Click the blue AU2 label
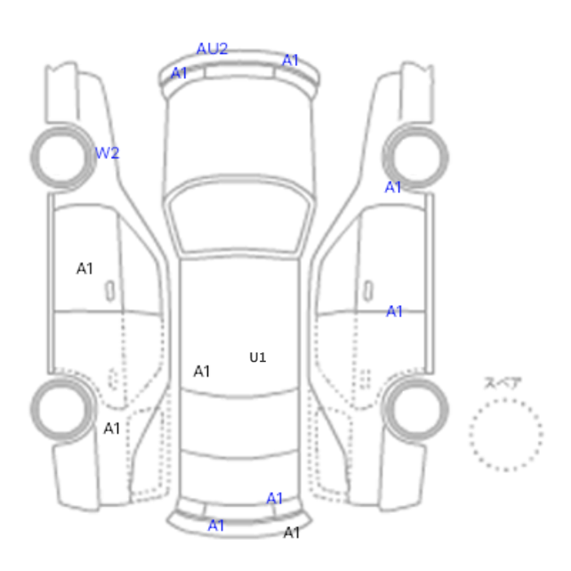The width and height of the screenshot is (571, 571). tap(212, 48)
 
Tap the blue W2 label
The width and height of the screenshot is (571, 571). tap(107, 153)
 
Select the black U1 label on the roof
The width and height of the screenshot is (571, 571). tap(258, 357)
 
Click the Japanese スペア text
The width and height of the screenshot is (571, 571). tap(502, 383)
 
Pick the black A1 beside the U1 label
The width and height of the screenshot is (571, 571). tap(201, 371)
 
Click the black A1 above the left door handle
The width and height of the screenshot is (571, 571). tap(85, 268)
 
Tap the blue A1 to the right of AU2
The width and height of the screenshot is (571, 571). tap(290, 60)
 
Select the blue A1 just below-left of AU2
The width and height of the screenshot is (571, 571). tap(179, 73)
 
